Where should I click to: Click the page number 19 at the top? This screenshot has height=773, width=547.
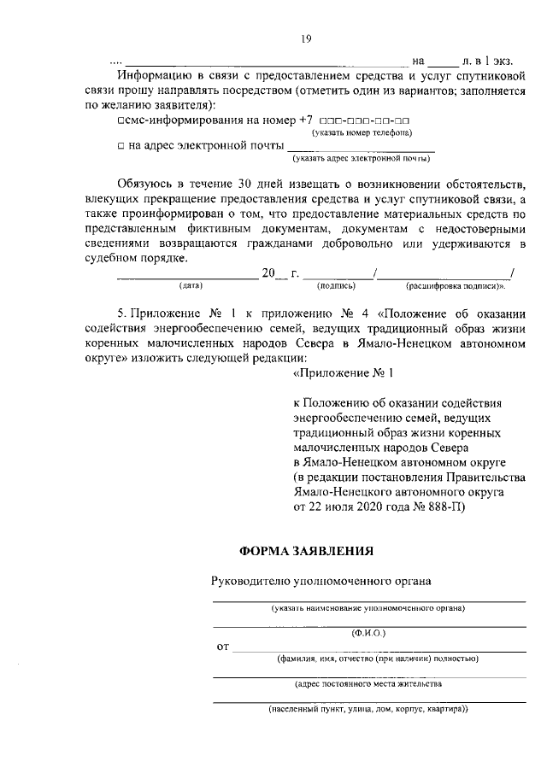[303, 38]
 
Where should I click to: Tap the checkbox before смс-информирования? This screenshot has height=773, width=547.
[122, 121]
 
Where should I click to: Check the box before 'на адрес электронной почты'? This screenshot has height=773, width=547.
[122, 146]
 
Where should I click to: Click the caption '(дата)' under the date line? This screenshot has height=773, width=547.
[190, 285]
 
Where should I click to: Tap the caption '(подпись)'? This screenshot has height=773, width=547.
[336, 285]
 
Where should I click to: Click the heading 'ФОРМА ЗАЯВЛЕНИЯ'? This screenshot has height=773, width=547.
[305, 551]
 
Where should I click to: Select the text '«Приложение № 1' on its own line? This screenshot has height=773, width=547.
[343, 373]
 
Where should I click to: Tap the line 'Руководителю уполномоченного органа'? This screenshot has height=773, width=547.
[321, 581]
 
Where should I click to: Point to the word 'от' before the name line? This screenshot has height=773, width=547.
[223, 648]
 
